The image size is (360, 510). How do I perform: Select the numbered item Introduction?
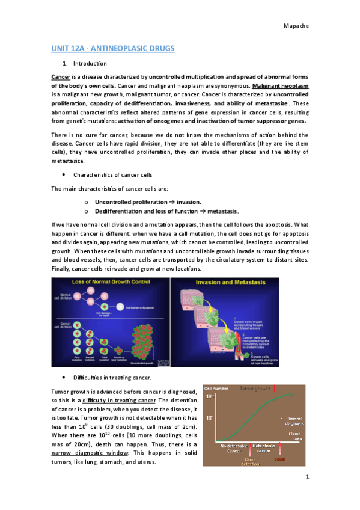(x=90, y=64)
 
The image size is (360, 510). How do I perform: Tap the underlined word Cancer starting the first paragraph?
(x=61, y=78)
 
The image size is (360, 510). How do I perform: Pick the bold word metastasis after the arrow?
(x=222, y=211)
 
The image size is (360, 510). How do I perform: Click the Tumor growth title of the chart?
(x=255, y=389)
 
